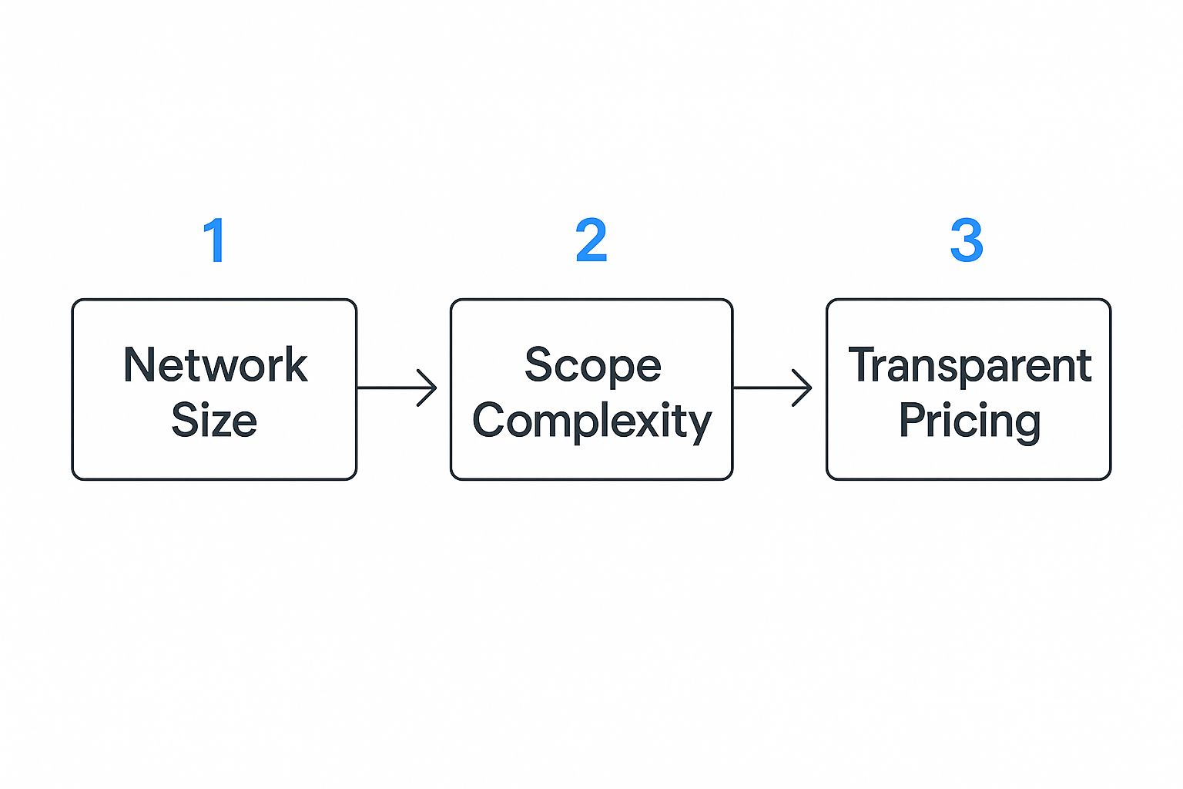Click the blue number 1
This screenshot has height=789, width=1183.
[x=215, y=240]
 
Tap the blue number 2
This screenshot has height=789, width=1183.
[x=591, y=240]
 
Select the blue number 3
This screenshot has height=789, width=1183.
[x=967, y=240]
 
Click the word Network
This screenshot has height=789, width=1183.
[x=215, y=365]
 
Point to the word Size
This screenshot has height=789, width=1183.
[x=214, y=421]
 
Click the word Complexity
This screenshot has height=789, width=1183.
[x=591, y=422]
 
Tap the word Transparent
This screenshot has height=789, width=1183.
[x=970, y=366]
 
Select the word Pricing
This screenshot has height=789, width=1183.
[x=970, y=422]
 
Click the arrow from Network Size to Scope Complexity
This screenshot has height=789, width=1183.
[x=396, y=388]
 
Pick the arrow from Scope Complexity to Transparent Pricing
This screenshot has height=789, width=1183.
[x=772, y=388]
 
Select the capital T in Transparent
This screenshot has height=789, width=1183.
[x=862, y=364]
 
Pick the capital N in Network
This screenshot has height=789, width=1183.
[x=139, y=364]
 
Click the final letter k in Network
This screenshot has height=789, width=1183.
[x=297, y=364]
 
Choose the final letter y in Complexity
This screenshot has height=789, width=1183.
[x=699, y=425]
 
